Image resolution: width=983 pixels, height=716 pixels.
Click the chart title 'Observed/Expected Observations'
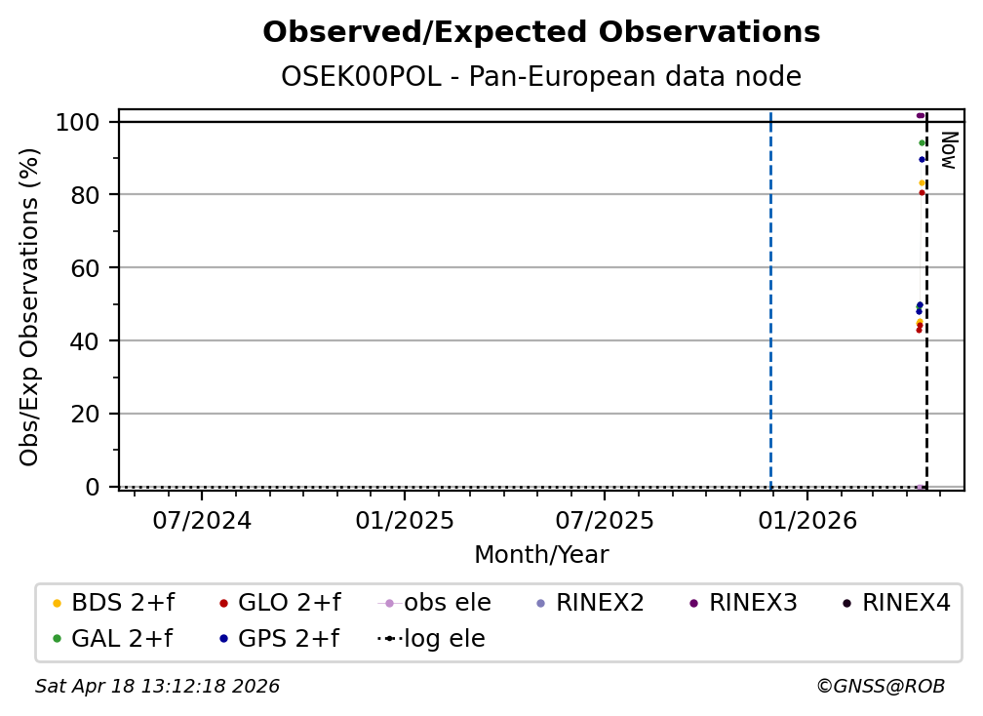point(541,32)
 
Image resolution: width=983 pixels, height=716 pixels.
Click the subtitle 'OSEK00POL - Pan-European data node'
point(541,76)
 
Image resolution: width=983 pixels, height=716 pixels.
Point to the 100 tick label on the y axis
point(78,122)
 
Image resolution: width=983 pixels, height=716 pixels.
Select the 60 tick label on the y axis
point(85,267)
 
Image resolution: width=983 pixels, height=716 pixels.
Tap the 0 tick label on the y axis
point(93,487)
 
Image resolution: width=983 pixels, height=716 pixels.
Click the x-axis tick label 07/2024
point(202,520)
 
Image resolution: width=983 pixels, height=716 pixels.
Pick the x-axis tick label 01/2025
point(405,520)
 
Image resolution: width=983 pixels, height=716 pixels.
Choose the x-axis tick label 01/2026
point(807,520)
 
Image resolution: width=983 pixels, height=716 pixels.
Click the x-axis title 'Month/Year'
point(541,554)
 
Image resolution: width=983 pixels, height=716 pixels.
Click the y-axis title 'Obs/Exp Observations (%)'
point(29,306)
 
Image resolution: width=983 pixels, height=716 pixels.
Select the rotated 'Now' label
point(949,150)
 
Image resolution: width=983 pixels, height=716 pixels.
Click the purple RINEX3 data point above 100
point(921,115)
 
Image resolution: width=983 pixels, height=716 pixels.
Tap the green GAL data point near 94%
point(922,143)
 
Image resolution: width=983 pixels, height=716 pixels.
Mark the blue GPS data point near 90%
point(922,159)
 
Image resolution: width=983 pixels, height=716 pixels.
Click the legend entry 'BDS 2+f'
point(113,603)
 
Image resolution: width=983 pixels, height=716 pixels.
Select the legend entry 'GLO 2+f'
point(280,603)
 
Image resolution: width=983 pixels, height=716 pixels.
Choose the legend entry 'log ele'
point(431,638)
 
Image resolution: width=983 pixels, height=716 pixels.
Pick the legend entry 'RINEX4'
point(896,603)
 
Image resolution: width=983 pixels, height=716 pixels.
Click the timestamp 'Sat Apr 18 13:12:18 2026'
point(157,686)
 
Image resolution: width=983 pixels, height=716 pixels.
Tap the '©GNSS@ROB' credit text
point(881,686)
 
